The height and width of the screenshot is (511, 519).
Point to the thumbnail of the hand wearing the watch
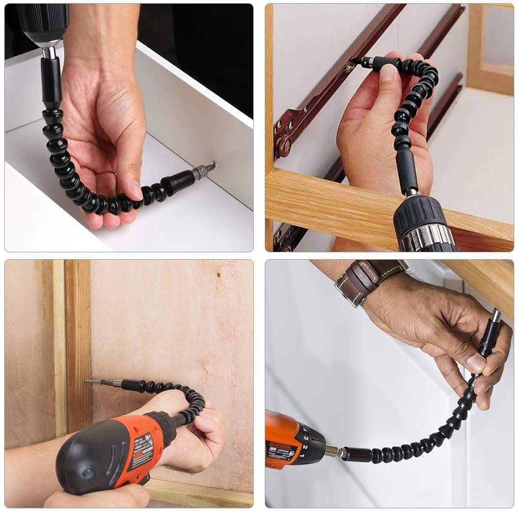coord(476,362)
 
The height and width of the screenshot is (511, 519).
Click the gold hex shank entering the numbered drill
coord(333,450)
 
